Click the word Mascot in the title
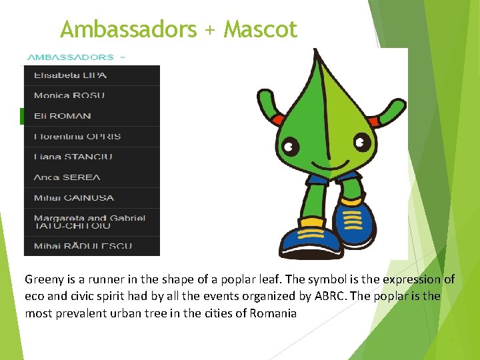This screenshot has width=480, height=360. click(261, 29)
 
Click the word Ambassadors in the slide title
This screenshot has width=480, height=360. click(128, 29)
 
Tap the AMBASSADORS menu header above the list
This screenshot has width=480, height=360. click(70, 57)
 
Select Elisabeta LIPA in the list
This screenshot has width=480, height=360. click(70, 75)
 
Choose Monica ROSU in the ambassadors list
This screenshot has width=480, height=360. click(69, 95)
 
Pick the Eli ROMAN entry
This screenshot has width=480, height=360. click(62, 116)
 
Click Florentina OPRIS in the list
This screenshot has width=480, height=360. click(77, 137)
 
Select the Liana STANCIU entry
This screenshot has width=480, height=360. click(73, 157)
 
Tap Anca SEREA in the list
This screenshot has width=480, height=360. click(67, 177)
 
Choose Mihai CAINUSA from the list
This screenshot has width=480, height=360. click(73, 198)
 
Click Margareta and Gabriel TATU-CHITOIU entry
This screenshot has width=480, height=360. click(89, 221)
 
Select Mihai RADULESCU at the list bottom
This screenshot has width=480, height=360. click(83, 245)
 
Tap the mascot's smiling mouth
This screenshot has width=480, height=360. click(326, 162)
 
